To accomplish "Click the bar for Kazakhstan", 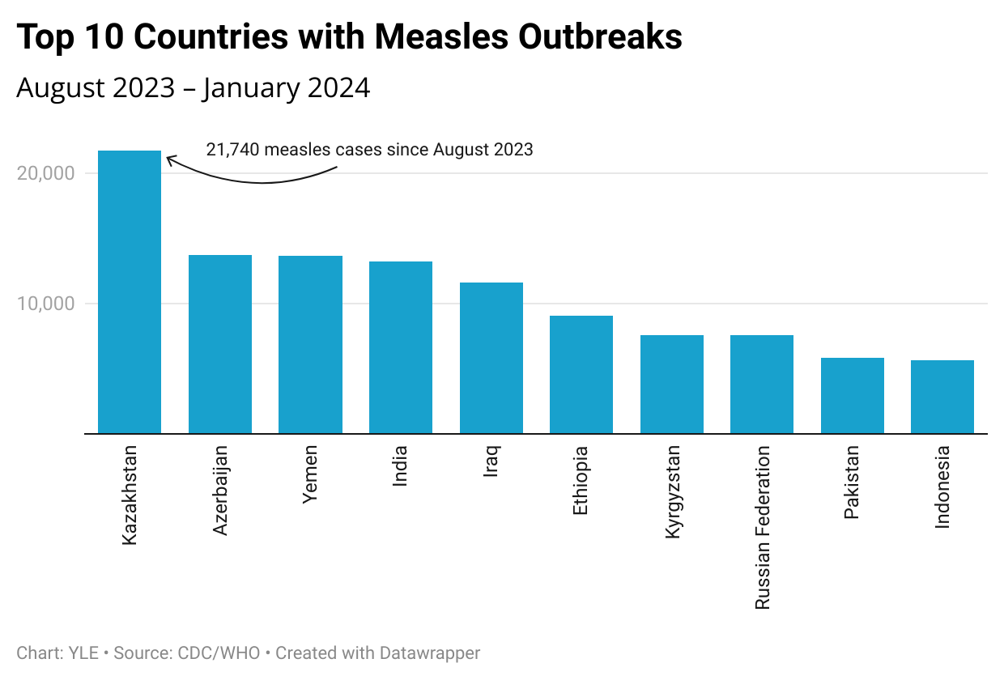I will [x=130, y=292].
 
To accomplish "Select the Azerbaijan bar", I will [x=220, y=344].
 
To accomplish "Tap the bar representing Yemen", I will [x=310, y=345].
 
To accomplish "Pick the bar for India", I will [x=401, y=347].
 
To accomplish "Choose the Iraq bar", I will [x=491, y=358].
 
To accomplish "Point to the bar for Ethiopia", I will [x=581, y=375].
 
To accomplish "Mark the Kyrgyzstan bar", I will [x=672, y=385].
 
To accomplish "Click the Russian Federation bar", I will [x=762, y=385].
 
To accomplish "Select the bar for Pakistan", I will [x=853, y=396].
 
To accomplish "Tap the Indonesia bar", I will [x=942, y=397].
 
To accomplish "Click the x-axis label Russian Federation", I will [x=762, y=528].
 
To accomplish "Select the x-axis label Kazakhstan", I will [x=130, y=494].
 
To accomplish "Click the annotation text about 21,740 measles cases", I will [x=369, y=149].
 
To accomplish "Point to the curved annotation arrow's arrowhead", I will [x=169, y=159].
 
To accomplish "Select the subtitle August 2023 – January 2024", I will [x=194, y=87].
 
